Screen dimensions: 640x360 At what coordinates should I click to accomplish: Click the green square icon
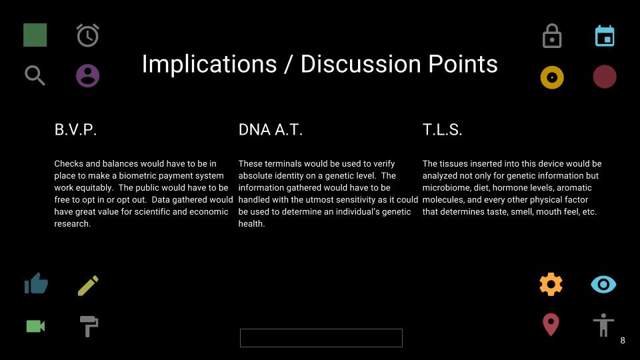[x=35, y=35]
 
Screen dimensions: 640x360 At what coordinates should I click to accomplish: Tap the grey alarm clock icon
[x=88, y=35]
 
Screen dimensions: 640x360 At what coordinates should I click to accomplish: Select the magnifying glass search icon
[x=35, y=75]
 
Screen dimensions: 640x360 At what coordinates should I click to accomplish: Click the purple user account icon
[x=88, y=75]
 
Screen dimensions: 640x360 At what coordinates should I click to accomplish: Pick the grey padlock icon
[x=552, y=36]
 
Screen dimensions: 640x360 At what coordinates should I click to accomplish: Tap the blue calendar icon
[x=605, y=36]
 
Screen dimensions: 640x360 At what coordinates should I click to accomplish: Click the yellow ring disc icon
[x=552, y=77]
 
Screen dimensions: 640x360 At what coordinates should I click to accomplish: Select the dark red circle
[x=605, y=77]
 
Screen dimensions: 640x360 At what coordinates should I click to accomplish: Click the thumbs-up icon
[x=36, y=283]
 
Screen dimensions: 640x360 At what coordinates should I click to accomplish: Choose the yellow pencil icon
[x=88, y=285]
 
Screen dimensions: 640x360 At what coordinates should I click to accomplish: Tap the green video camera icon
[x=35, y=326]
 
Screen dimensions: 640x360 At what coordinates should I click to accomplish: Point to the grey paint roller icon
[x=89, y=326]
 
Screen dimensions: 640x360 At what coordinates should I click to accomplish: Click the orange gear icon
[x=551, y=284]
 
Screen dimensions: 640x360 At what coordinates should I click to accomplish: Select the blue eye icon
[x=603, y=285]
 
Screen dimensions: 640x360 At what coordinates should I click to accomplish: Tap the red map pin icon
[x=551, y=325]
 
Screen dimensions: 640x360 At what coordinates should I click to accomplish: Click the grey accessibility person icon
[x=603, y=325]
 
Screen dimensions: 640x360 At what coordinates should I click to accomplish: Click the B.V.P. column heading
[x=75, y=130]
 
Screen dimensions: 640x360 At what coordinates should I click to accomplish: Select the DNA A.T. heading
[x=270, y=130]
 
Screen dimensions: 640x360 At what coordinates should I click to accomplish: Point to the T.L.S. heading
[x=442, y=130]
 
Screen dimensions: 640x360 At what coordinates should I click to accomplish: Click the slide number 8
[x=623, y=341]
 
